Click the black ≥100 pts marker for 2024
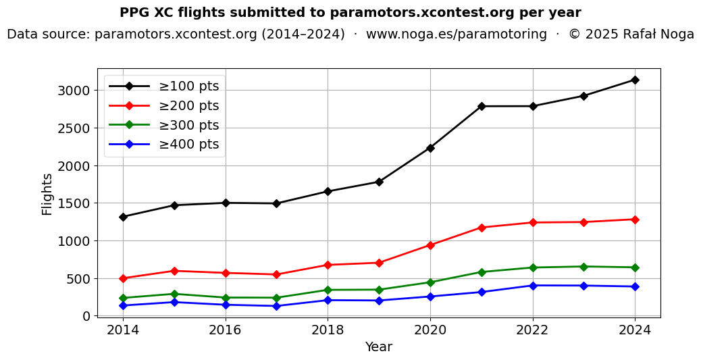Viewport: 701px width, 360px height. pos(635,80)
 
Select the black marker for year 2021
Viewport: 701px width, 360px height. pos(482,106)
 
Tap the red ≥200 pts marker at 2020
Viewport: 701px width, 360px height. pos(430,245)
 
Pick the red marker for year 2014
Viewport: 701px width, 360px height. pos(123,278)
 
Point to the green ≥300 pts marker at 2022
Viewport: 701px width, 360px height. pos(533,267)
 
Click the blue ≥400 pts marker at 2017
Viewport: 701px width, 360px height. pos(277,306)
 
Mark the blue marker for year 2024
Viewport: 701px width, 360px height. pos(635,286)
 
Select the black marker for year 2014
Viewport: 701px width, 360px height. pos(123,217)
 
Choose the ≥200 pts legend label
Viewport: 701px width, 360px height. pos(188,106)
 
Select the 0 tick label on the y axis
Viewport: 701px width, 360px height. pos(86,316)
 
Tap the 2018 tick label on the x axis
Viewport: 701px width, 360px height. pos(328,330)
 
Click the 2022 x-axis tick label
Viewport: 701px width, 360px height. pos(533,330)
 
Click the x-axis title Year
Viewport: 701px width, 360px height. pos(378,347)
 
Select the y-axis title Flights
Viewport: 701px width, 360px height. pos(47,194)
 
